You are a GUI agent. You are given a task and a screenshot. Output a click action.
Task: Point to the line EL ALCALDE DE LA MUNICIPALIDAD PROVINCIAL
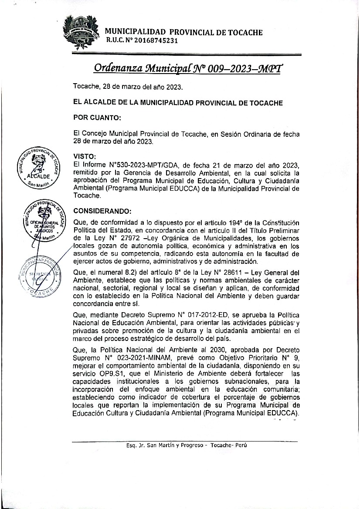point(178,103)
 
